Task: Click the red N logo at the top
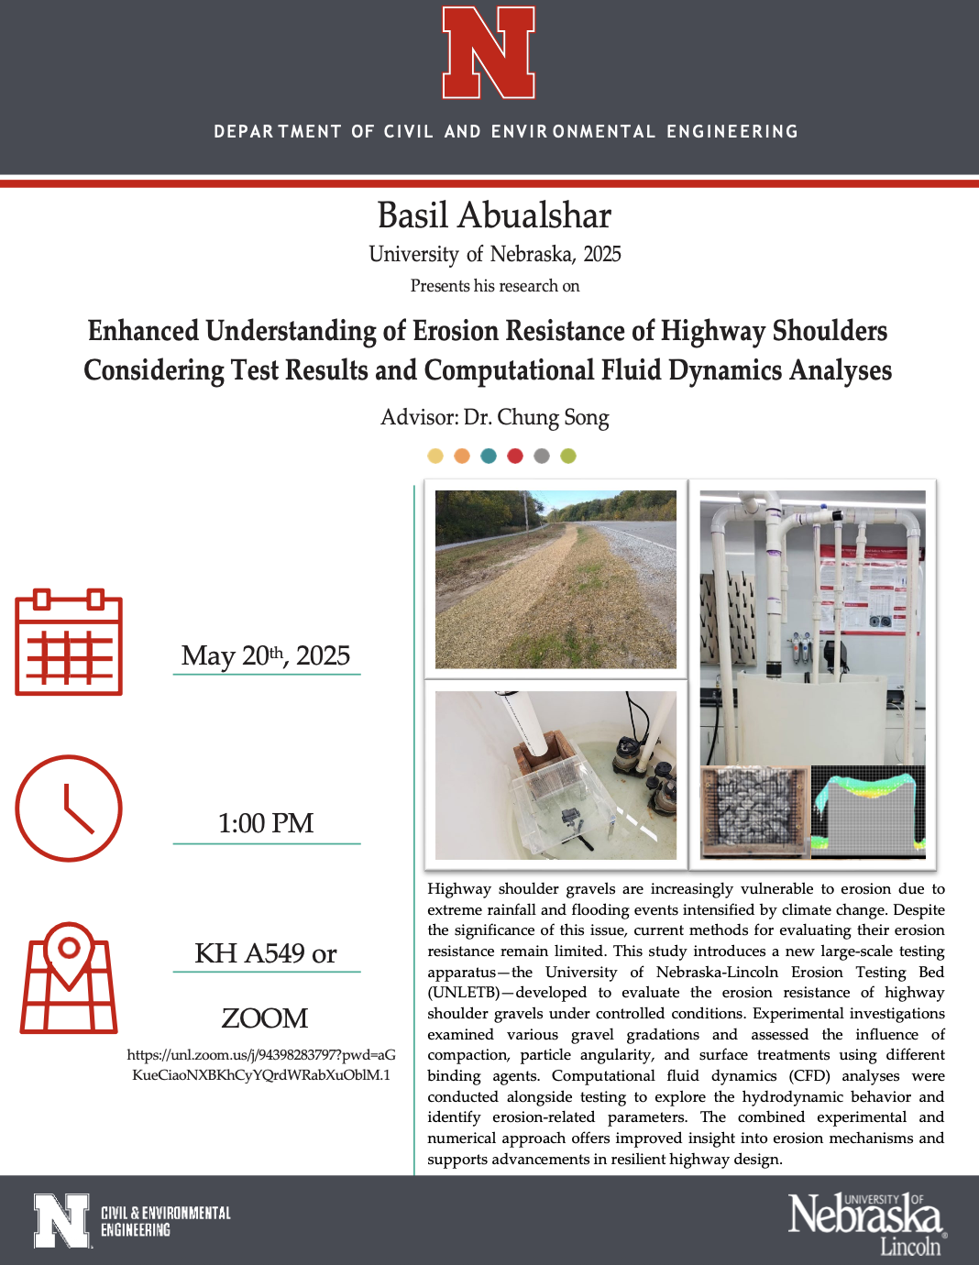pyautogui.click(x=489, y=52)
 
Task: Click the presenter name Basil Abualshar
pyautogui.click(x=494, y=215)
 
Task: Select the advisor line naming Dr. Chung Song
pyautogui.click(x=494, y=417)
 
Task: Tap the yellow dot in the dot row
pyautogui.click(x=435, y=456)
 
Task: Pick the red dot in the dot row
pyautogui.click(x=515, y=456)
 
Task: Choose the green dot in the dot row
pyautogui.click(x=568, y=456)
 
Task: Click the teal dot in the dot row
pyautogui.click(x=489, y=456)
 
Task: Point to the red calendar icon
pyautogui.click(x=69, y=643)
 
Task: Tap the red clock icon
pyautogui.click(x=69, y=808)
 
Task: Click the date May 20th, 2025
pyautogui.click(x=266, y=655)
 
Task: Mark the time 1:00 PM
pyautogui.click(x=266, y=823)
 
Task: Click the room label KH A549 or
pyautogui.click(x=266, y=953)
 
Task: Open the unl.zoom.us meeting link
pyautogui.click(x=261, y=1065)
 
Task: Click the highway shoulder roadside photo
pyautogui.click(x=555, y=579)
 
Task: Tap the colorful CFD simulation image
pyautogui.click(x=868, y=811)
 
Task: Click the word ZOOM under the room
pyautogui.click(x=265, y=1017)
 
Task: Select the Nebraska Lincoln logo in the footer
pyautogui.click(x=866, y=1224)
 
